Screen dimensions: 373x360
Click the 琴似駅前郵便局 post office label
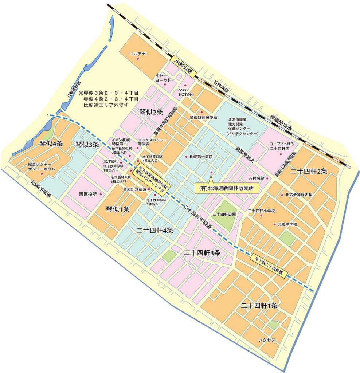203,118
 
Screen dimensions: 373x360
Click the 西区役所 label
88,194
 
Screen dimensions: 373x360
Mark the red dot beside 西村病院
267,178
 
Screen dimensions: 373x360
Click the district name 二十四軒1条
259,306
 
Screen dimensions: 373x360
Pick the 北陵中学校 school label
287,224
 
